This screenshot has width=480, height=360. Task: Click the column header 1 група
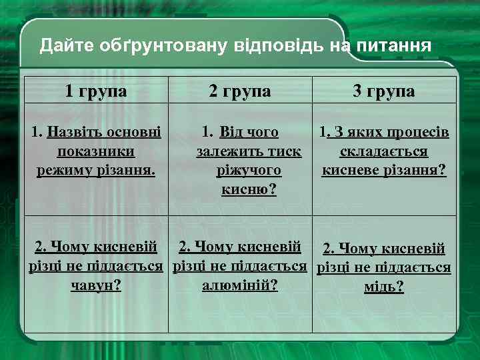pos(96,91)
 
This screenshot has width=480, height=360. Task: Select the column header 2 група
pos(239,91)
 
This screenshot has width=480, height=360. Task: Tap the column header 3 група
pos(383,91)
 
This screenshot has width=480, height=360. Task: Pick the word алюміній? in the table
pos(239,285)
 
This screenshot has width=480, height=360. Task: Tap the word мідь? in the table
pos(384,287)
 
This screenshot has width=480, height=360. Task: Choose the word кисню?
pos(249,190)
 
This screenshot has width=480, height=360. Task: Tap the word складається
pos(384,151)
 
